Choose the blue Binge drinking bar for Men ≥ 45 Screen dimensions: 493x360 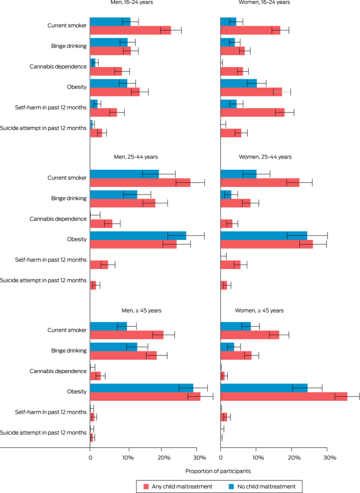point(114,347)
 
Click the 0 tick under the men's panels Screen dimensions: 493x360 point(90,457)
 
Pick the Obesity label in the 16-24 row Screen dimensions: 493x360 point(74,86)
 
